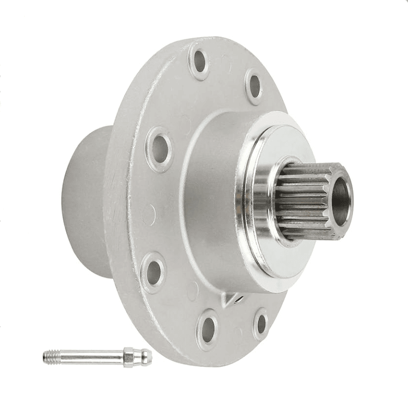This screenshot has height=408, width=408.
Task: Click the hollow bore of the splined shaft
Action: click(341, 197)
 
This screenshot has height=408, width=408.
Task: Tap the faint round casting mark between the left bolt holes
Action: click(149, 215)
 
